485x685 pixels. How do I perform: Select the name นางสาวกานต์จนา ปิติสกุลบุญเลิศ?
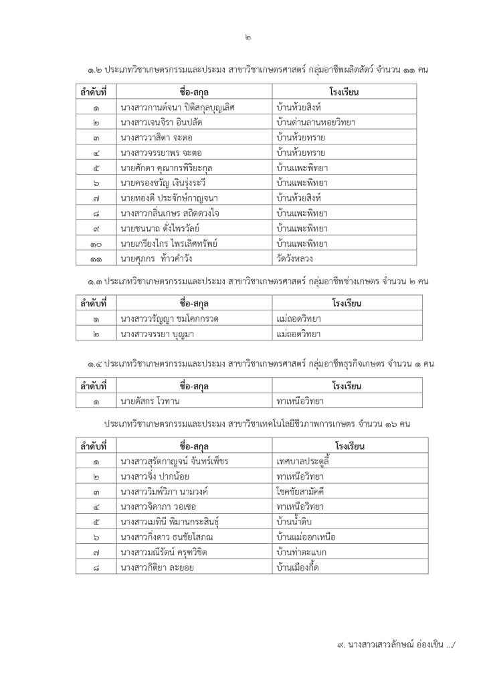coord(178,106)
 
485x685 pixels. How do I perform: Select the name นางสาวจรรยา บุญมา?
coord(163,334)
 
